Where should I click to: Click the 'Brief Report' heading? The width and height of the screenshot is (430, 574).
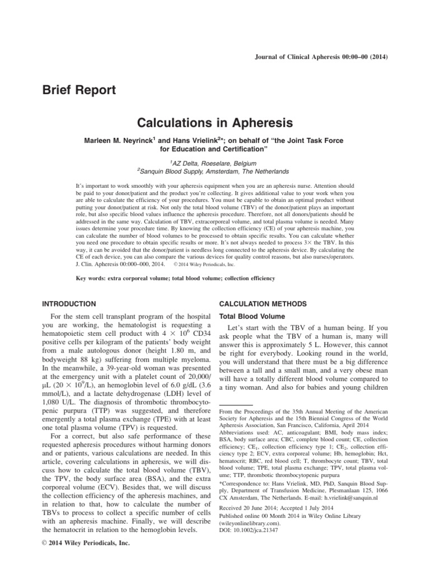(x=80, y=89)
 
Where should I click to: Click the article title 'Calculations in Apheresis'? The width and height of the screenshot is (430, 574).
(x=214, y=122)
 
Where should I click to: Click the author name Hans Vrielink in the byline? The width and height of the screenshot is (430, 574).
(x=177, y=140)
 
